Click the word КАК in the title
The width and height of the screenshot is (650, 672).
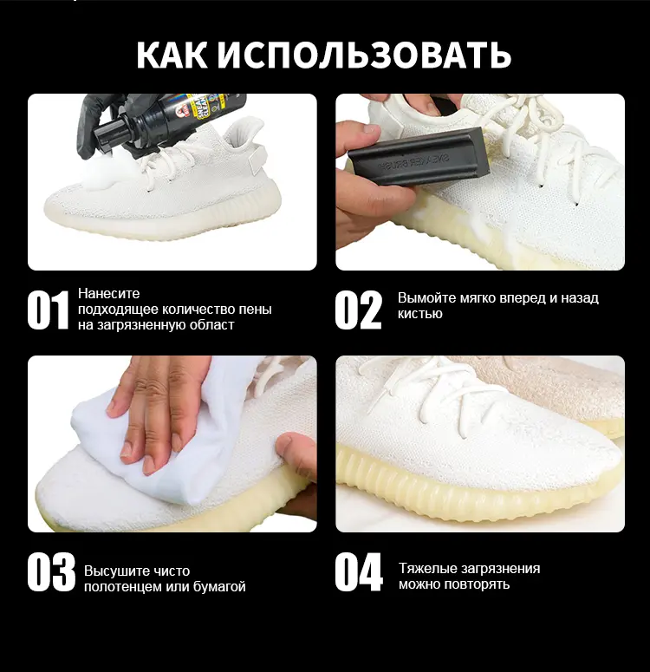172,54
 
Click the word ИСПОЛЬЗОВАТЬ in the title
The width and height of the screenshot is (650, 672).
363,54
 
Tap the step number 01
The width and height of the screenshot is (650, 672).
48,310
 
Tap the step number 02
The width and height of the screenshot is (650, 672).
358,310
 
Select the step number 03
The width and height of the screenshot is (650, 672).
50,572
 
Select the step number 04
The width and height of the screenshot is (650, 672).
358,572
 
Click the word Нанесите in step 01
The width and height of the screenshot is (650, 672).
108,293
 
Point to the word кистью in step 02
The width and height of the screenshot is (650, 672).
419,314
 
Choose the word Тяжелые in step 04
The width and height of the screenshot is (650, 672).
428,568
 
